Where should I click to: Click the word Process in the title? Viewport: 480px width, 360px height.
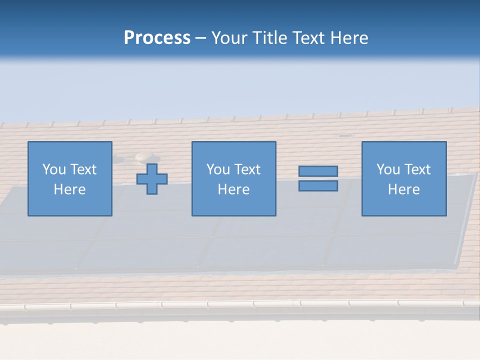coord(157,38)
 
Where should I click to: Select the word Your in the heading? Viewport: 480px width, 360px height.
coord(230,38)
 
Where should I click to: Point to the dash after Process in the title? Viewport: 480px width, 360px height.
coord(200,38)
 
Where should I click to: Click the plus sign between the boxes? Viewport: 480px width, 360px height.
coord(152,179)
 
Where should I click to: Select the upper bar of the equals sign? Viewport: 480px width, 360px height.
coord(318,171)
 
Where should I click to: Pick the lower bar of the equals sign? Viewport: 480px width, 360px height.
coord(318,186)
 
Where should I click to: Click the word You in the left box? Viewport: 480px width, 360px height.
coord(54,169)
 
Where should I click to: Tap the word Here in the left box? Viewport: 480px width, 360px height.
coord(70,189)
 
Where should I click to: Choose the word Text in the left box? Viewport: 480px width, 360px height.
coord(83,169)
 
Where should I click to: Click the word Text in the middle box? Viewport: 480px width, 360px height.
coord(247,169)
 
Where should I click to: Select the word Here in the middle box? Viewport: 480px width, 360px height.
coord(234,189)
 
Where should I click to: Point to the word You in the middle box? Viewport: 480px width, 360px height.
coord(218,169)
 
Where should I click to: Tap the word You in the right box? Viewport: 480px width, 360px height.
coord(388,169)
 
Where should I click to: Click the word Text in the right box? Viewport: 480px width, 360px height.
coord(417,169)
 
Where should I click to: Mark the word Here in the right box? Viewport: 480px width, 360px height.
coord(404,189)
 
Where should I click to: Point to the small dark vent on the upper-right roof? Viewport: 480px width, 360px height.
coord(344,135)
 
